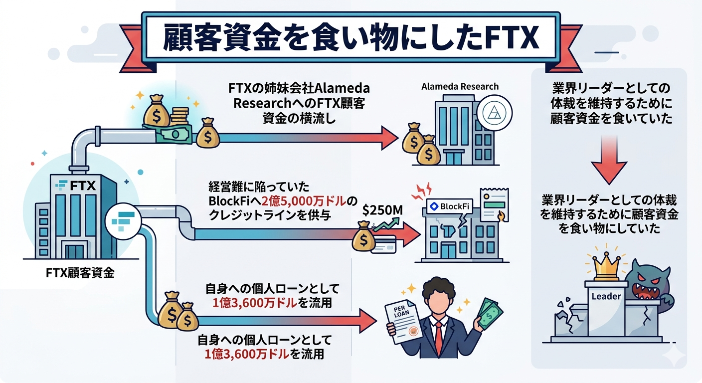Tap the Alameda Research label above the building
[459, 86]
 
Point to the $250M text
[382, 210]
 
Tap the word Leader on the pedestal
[606, 296]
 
